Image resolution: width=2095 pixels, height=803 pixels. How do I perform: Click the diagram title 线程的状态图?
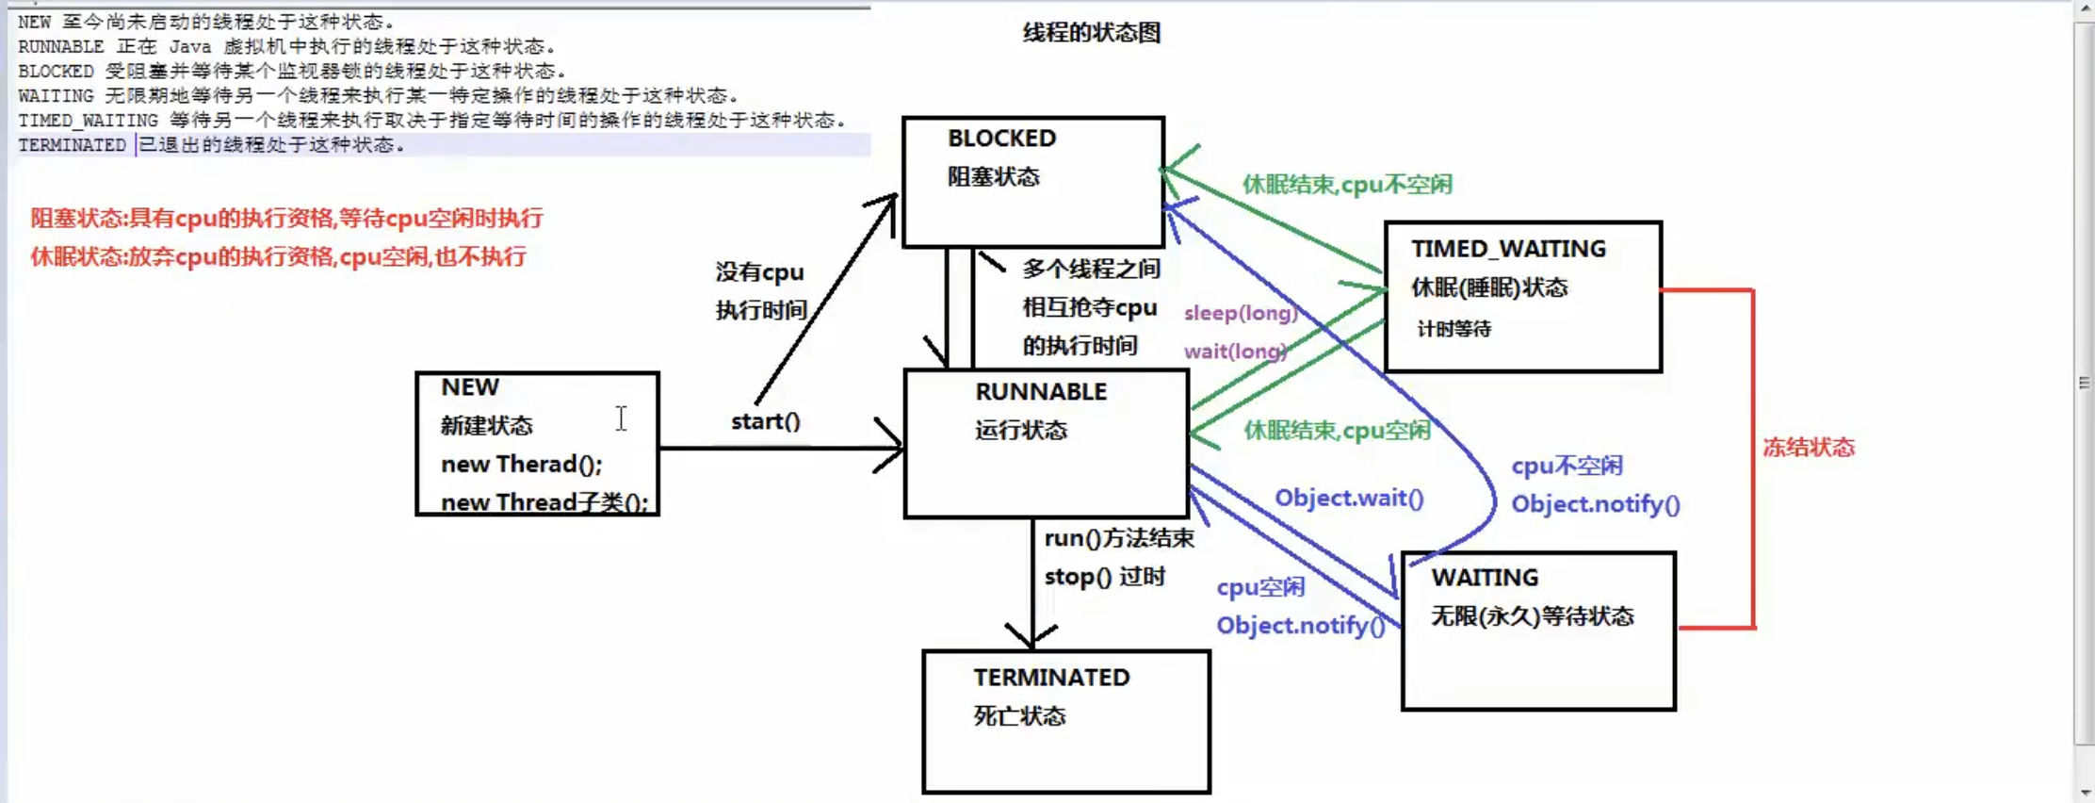(x=1091, y=33)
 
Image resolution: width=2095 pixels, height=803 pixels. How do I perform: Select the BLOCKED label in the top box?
(x=1001, y=139)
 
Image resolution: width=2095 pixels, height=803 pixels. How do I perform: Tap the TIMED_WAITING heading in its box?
(x=1507, y=249)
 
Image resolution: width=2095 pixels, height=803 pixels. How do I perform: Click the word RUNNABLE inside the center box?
(x=1040, y=392)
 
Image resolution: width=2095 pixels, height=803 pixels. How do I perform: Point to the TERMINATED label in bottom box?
(x=1050, y=678)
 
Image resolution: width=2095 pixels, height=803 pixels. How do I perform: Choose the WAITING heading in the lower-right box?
(x=1485, y=578)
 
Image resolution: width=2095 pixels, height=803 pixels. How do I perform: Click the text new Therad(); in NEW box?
(x=521, y=465)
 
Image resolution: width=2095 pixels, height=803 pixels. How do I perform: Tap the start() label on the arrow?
(x=765, y=421)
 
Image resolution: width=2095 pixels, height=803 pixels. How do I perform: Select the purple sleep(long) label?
(x=1240, y=313)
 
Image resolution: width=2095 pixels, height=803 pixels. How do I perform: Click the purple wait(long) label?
(x=1234, y=352)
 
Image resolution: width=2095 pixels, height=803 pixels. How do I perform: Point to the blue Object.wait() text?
(x=1348, y=498)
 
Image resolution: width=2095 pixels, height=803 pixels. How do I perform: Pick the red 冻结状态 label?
(x=1808, y=448)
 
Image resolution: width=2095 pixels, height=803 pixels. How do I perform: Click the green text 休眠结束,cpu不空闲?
(x=1346, y=185)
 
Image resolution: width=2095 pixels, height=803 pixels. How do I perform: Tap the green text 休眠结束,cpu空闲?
(x=1336, y=431)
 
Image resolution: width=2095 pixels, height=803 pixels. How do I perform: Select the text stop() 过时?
(x=1104, y=577)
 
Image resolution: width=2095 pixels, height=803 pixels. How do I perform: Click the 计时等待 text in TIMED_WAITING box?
(x=1454, y=329)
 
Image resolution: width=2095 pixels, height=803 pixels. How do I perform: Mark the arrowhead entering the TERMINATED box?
(x=1031, y=637)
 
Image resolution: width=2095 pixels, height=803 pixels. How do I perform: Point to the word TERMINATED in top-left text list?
(x=72, y=145)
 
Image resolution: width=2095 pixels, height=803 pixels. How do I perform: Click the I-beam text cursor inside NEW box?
(x=621, y=418)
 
